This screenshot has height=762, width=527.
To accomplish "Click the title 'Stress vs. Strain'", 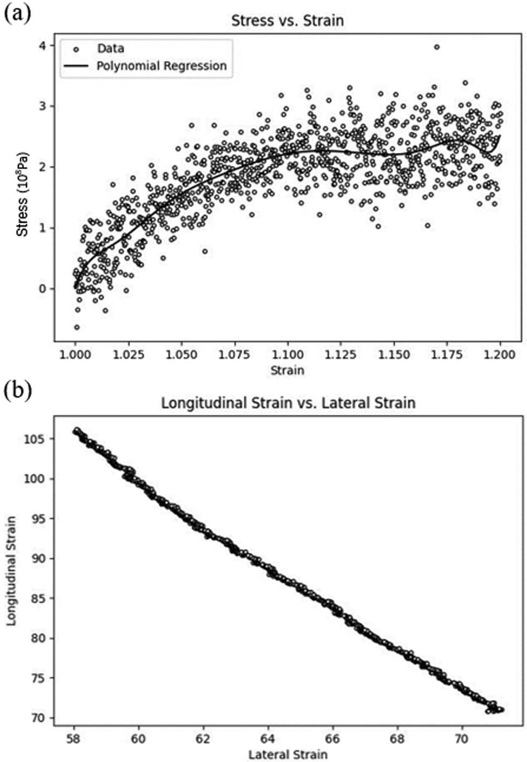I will (287, 21).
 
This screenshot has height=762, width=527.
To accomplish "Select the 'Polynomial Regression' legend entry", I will (161, 66).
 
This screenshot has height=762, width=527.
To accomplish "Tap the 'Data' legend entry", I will (110, 48).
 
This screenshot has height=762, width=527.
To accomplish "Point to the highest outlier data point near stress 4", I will (437, 47).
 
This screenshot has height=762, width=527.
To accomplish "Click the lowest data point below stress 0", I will (77, 327).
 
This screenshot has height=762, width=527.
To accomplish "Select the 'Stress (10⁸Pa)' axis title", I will (22, 194).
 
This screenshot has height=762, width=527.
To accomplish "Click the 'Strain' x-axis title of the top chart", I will (287, 370).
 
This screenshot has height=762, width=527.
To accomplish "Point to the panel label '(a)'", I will (16, 12).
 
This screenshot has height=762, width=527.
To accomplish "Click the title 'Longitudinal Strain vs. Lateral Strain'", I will (288, 403).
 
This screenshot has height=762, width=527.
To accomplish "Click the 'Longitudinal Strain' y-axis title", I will (11, 571).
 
